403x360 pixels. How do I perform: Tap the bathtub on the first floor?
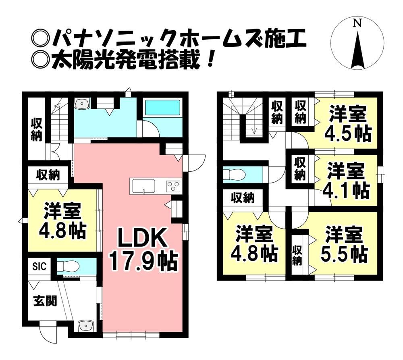point(162,108)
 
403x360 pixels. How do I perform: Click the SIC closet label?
point(39,266)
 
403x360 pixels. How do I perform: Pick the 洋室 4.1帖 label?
point(346,182)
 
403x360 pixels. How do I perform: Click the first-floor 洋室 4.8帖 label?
point(62,220)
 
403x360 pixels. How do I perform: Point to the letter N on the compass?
point(357,23)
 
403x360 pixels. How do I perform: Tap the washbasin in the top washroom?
point(82,104)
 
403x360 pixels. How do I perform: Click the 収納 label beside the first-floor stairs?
point(37,129)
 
